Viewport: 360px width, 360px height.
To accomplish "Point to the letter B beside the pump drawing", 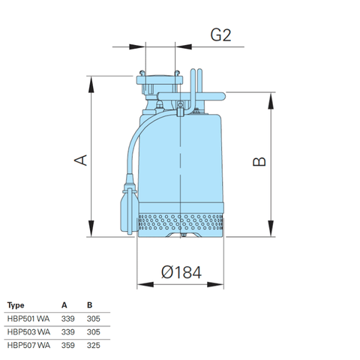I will click(259, 163).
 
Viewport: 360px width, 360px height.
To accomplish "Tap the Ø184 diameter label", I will click(181, 274).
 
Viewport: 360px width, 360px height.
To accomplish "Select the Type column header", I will click(16, 305).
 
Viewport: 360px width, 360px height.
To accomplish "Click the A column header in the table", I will click(65, 305).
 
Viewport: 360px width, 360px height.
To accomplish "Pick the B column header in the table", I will click(89, 305).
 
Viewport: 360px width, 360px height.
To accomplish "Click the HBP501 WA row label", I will click(28, 319).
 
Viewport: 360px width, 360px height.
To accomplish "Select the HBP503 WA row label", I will click(28, 331).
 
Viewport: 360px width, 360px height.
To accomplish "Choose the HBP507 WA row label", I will click(28, 345).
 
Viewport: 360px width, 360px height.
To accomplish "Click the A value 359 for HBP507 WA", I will click(67, 345).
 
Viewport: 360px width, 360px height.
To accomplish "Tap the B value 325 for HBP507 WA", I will click(92, 345).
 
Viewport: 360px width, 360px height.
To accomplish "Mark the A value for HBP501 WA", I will click(67, 319).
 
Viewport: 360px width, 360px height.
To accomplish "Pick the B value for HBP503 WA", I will click(92, 331).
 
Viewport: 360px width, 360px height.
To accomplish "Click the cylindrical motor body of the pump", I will click(184, 157).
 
